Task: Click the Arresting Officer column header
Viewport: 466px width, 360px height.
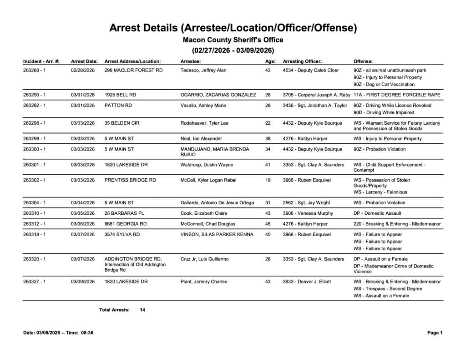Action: click(x=302, y=61)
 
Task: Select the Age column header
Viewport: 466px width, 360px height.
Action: click(x=270, y=61)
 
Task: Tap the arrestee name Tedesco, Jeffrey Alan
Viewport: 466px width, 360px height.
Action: click(x=203, y=71)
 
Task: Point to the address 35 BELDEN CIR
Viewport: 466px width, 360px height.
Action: click(x=120, y=123)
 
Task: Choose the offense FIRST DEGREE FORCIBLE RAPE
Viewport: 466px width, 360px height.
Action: click(x=397, y=95)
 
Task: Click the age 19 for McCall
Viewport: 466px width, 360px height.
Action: click(x=268, y=180)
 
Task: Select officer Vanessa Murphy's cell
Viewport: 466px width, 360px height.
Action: click(x=308, y=213)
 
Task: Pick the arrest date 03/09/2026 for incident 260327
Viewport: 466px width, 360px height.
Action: click(x=83, y=282)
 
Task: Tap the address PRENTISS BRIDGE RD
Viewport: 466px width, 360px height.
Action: click(x=130, y=180)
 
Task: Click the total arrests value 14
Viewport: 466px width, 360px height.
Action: click(x=142, y=310)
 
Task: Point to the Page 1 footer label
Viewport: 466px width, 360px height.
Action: click(x=435, y=333)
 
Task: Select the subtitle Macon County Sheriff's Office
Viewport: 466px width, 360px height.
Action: click(x=233, y=40)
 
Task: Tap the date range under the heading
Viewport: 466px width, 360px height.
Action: click(x=233, y=51)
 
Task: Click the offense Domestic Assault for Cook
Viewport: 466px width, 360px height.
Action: click(x=377, y=213)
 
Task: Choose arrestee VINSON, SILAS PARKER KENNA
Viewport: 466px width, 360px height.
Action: click(x=217, y=235)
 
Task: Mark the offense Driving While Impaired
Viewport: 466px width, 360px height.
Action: click(x=384, y=112)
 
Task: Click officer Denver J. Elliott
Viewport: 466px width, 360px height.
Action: click(x=307, y=282)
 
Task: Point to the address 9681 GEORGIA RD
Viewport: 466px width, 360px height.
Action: click(x=126, y=224)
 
